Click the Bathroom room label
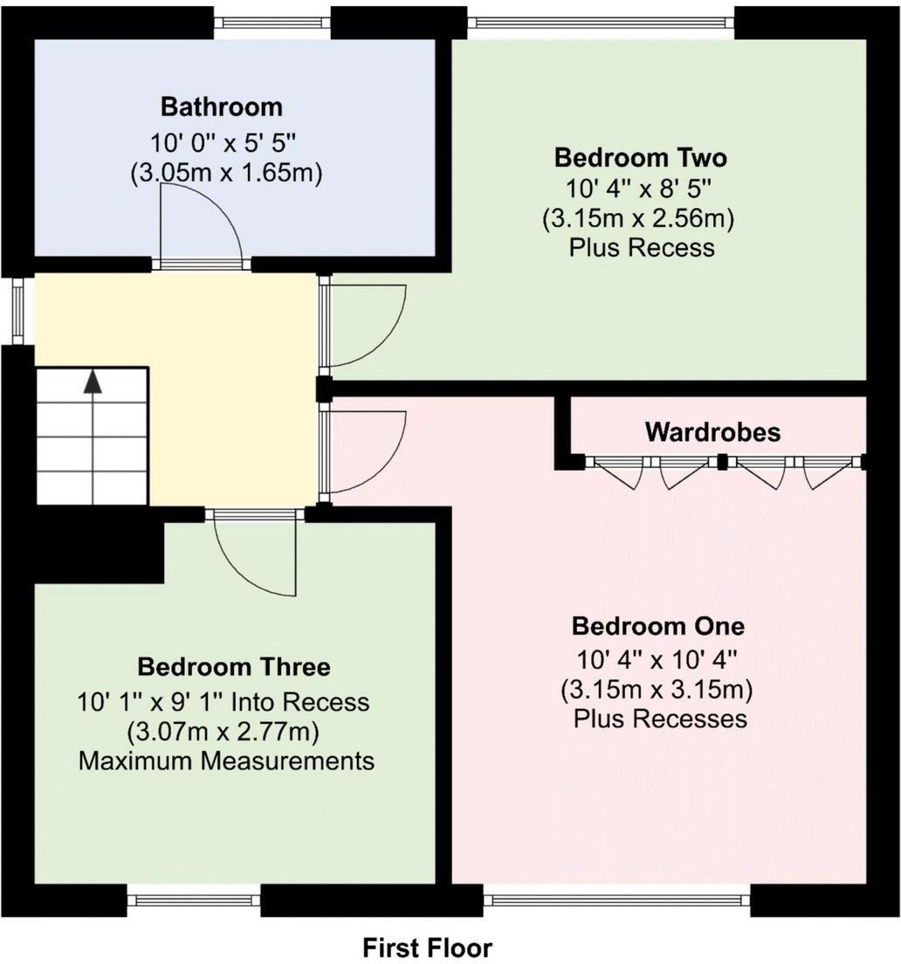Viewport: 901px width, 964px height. click(x=222, y=107)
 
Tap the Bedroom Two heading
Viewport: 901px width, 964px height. click(x=641, y=158)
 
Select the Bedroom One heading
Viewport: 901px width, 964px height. click(x=657, y=626)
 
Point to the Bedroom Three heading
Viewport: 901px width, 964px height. click(x=234, y=667)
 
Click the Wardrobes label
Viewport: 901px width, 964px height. click(x=712, y=431)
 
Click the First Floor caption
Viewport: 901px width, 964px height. click(x=427, y=947)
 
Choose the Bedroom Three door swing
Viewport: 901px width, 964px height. click(x=253, y=559)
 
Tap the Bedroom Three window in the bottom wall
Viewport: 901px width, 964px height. click(x=194, y=899)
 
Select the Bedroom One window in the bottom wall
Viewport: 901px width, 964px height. click(x=616, y=899)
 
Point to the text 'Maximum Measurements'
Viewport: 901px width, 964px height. click(x=227, y=761)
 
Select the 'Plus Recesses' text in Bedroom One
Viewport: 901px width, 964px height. click(x=660, y=719)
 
